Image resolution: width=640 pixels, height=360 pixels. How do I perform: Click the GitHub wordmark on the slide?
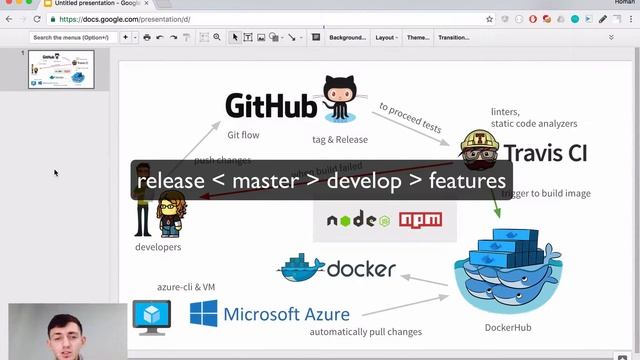(x=270, y=106)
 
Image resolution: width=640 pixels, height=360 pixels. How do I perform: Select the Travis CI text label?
(x=544, y=153)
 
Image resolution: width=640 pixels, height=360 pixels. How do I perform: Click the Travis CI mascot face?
(x=478, y=150)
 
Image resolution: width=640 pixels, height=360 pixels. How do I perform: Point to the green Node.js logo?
(x=357, y=220)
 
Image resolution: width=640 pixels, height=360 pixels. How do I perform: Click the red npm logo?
(x=419, y=220)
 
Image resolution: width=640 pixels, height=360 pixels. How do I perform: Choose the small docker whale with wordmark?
(x=336, y=268)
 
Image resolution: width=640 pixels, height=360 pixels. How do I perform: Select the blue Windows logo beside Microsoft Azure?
(x=203, y=314)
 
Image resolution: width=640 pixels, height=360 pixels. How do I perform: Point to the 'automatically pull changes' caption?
(x=365, y=332)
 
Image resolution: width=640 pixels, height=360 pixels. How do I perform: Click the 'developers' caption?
(x=158, y=247)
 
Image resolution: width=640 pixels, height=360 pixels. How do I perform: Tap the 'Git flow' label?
(x=243, y=135)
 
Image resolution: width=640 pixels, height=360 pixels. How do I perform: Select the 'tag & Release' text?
(x=340, y=140)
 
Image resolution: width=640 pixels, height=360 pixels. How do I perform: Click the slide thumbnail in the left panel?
(x=61, y=69)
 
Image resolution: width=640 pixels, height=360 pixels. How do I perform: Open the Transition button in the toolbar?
(x=453, y=37)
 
